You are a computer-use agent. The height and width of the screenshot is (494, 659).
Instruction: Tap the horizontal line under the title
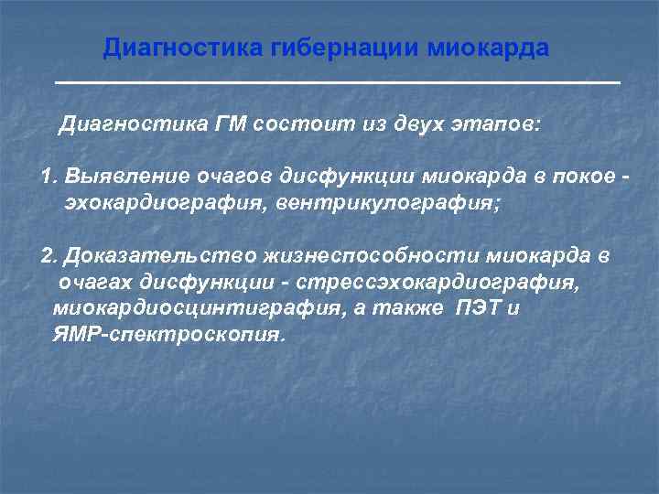[x=337, y=83]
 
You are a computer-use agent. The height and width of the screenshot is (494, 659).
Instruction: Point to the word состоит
[x=293, y=124]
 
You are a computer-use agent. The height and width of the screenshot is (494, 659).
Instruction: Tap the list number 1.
[x=48, y=176]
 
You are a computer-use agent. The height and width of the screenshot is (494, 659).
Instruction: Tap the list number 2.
[x=49, y=256]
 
